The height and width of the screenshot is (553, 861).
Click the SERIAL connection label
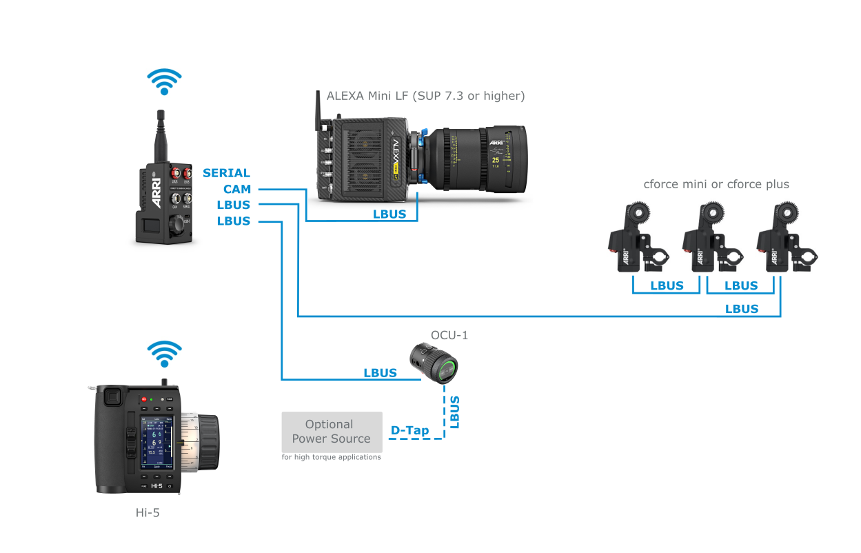[226, 173]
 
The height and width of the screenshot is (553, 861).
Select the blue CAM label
[236, 189]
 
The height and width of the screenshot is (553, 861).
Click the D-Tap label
[409, 431]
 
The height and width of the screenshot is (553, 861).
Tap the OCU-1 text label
[449, 335]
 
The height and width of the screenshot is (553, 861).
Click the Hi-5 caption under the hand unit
[148, 513]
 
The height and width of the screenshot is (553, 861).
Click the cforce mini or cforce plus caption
[716, 184]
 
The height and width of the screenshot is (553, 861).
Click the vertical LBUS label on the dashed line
[454, 412]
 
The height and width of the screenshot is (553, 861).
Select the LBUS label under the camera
[389, 214]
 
